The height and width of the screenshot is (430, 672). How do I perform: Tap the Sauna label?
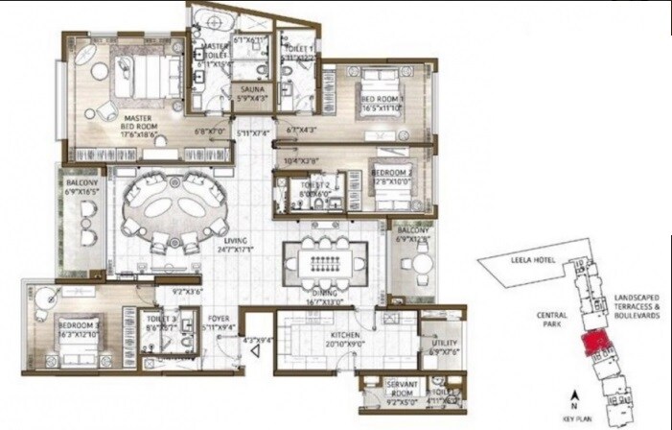253,91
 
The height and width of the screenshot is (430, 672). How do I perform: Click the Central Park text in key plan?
549,320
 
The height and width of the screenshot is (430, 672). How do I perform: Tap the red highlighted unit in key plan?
595,339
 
